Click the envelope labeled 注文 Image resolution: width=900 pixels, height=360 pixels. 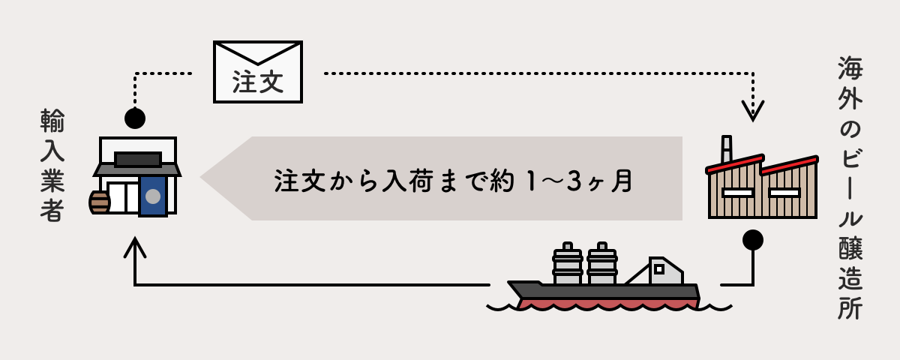click(258, 72)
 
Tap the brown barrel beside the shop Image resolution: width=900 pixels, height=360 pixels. click(99, 202)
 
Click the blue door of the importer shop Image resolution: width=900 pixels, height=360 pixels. click(153, 196)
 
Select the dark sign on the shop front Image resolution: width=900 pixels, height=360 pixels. click(138, 160)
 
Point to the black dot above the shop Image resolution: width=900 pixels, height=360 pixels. click(135, 118)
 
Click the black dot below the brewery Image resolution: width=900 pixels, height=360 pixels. click(752, 240)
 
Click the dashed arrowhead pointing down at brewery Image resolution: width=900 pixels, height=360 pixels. click(752, 110)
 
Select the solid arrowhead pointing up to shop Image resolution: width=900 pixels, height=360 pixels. click(135, 247)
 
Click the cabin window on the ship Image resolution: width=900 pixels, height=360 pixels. click(659, 268)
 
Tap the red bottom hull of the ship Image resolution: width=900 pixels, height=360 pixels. click(607, 303)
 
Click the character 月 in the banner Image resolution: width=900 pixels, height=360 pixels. click(622, 181)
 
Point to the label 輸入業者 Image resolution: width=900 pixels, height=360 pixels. click(52, 165)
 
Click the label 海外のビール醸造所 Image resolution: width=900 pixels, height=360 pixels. click(850, 187)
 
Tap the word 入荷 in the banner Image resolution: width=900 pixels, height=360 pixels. click(406, 181)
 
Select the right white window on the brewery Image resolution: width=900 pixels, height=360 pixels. click(784, 193)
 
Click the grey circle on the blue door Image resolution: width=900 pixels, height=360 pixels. click(153, 196)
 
